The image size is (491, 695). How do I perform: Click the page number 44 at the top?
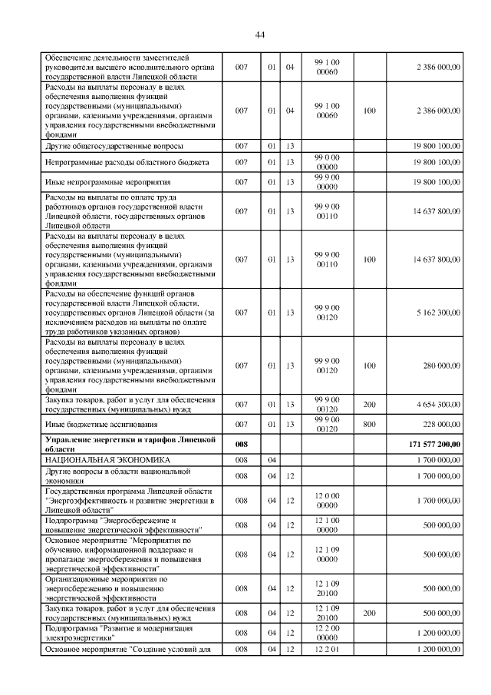[x=259, y=35]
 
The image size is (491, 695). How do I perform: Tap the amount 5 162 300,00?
[x=438, y=313]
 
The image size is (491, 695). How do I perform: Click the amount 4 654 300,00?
[x=438, y=404]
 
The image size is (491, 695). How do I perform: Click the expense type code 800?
[x=369, y=424]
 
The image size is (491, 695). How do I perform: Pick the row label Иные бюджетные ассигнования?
[x=101, y=424]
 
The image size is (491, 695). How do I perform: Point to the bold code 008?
[x=242, y=443]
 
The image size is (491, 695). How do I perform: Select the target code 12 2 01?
[x=327, y=650]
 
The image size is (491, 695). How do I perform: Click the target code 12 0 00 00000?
[x=327, y=500]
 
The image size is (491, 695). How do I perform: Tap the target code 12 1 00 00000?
[x=327, y=525]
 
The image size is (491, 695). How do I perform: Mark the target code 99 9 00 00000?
[x=327, y=181]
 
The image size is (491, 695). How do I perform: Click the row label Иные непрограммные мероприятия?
[x=107, y=182]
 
